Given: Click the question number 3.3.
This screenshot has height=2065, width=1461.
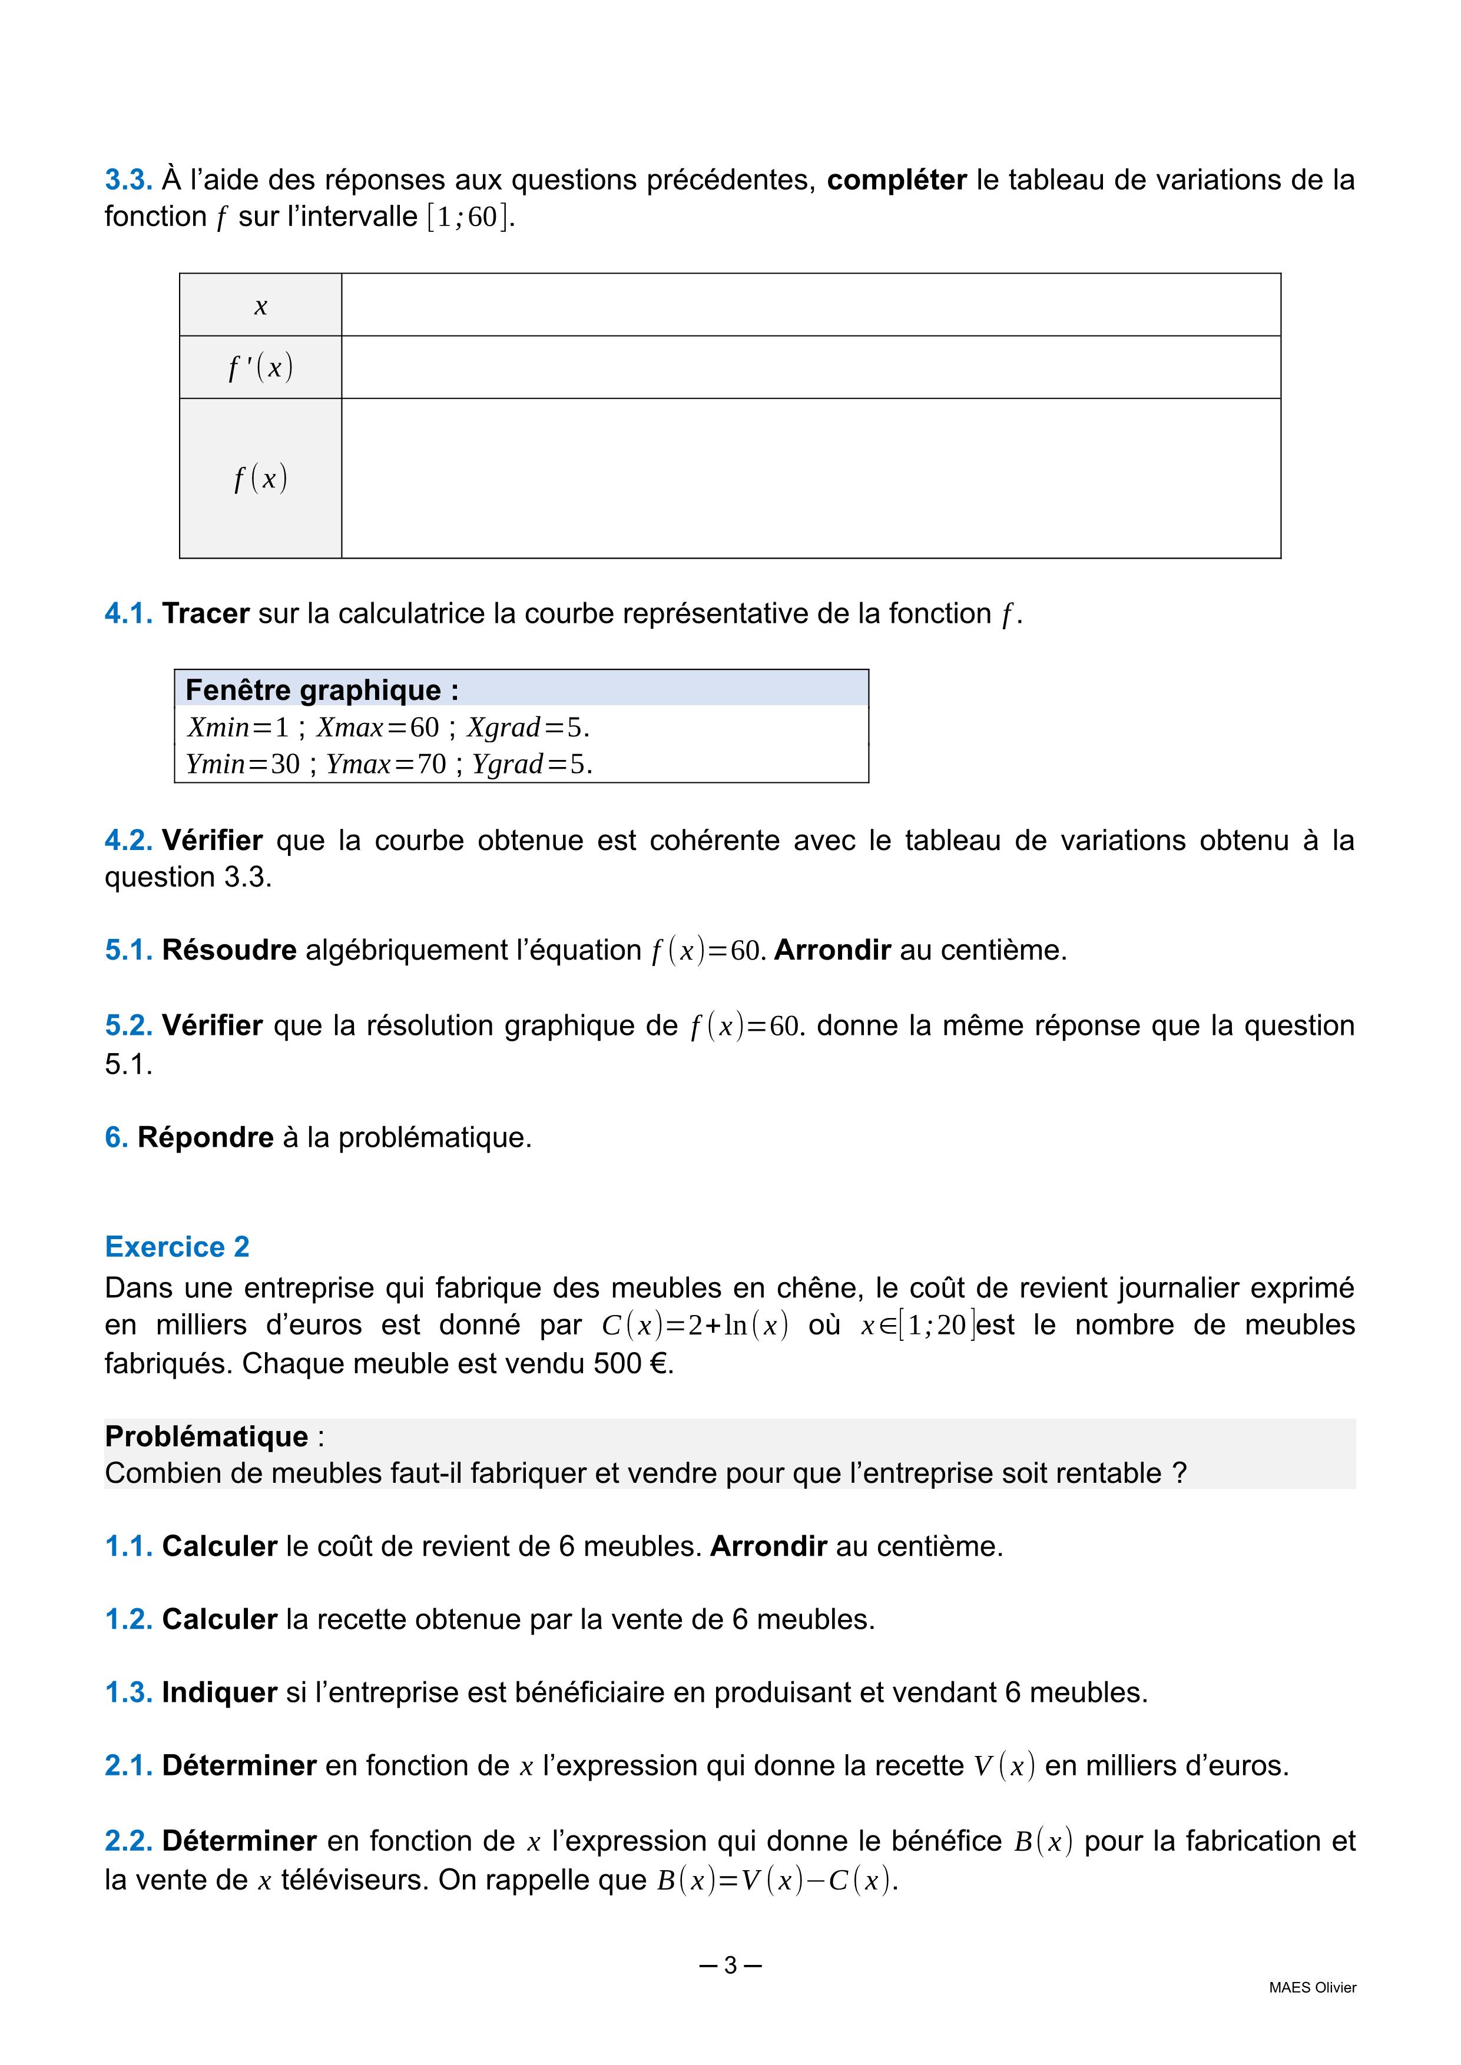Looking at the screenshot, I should click(x=128, y=180).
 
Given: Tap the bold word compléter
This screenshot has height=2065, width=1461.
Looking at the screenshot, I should click(x=896, y=180).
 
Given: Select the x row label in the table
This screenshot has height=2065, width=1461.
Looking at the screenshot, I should click(x=261, y=306).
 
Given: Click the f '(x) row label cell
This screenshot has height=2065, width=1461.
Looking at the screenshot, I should click(x=261, y=367).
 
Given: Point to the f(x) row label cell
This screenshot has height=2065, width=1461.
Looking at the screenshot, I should click(x=261, y=477).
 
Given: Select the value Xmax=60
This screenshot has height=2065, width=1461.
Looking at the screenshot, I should click(x=377, y=727).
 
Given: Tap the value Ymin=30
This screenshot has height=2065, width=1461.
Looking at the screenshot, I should click(x=242, y=763).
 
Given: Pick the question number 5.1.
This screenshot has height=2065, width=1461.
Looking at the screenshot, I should click(x=128, y=949).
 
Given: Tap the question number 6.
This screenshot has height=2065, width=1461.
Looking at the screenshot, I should click(x=116, y=1137).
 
